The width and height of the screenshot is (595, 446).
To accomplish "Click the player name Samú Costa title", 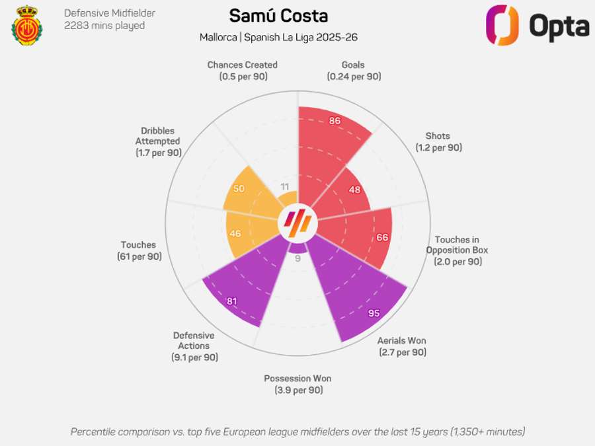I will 278,17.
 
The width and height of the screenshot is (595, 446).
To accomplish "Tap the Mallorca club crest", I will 27,26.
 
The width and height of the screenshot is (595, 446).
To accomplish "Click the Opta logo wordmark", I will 559,26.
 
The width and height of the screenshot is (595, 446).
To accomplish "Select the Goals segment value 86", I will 335,121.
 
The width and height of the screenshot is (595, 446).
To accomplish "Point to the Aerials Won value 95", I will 374,313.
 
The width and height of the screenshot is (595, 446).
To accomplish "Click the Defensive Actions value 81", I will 232,301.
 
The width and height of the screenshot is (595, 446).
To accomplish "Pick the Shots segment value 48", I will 354,190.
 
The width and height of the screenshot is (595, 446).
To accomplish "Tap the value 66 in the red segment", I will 382,237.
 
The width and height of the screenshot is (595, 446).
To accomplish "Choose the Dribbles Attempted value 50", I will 239,188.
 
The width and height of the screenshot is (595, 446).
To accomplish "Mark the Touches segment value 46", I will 235,233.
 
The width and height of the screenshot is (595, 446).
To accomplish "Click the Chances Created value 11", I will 285,186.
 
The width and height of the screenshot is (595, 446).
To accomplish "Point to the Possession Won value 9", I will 297,258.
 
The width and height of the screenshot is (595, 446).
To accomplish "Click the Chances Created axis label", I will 242,71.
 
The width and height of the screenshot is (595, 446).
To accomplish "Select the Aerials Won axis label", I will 402,346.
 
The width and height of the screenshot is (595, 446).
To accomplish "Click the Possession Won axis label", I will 297,385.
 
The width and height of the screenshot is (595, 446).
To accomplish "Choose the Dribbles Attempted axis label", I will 158,141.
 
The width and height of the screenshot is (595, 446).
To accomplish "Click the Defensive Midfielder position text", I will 110,13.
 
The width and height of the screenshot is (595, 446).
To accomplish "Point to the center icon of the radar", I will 297,223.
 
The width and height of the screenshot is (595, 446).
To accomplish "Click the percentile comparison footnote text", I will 297,431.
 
